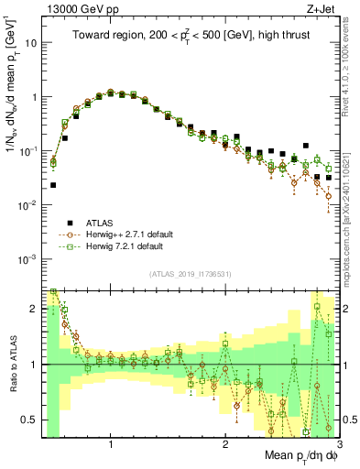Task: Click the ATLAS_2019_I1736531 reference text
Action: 190,274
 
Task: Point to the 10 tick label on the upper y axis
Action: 32,43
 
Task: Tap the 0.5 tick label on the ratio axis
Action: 28,420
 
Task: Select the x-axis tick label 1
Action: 111,444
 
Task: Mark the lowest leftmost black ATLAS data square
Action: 53,185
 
